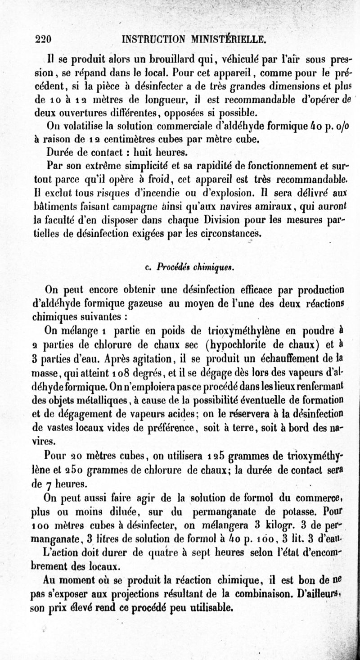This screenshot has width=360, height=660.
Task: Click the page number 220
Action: [x=44, y=39]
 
